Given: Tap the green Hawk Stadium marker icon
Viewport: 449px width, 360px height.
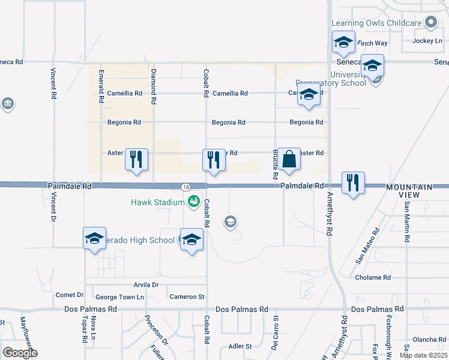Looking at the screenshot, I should (193, 202).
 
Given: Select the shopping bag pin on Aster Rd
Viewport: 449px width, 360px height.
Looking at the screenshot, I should (289, 160).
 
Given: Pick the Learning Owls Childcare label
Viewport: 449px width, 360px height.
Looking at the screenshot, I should (377, 23).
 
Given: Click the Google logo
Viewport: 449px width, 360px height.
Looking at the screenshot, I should (20, 352).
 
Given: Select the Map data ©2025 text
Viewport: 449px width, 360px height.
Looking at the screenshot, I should (423, 355).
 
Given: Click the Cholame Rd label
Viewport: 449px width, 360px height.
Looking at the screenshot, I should (373, 278).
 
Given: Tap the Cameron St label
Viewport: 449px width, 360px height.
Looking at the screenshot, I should (187, 296).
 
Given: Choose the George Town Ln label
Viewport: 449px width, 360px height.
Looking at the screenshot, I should (120, 297).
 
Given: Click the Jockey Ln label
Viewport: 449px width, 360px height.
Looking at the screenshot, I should (427, 41).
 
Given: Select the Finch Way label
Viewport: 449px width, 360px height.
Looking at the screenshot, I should (372, 43).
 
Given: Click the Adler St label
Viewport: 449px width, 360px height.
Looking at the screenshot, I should (240, 346).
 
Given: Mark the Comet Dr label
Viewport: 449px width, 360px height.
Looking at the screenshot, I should (69, 295).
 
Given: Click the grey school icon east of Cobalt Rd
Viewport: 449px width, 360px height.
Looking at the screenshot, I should (229, 223).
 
